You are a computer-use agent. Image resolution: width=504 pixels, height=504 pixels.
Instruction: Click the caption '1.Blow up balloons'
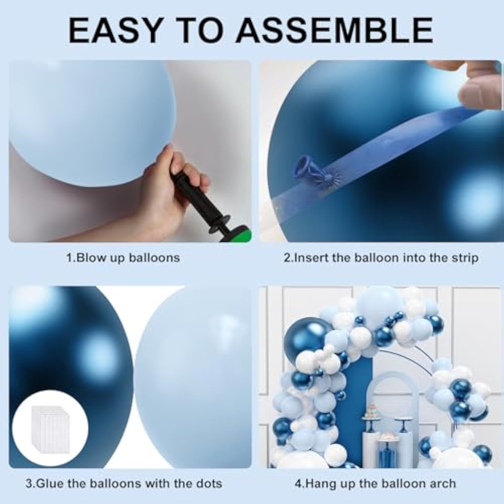click(x=123, y=258)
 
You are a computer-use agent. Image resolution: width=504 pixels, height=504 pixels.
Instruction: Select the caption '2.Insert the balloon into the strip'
click(x=381, y=258)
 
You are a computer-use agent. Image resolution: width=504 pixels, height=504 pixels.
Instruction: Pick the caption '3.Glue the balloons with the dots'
click(x=124, y=484)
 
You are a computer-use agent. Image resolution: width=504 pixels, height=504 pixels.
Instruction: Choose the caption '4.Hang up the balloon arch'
click(x=375, y=484)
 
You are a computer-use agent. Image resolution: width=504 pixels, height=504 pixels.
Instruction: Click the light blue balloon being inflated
click(x=91, y=121)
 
